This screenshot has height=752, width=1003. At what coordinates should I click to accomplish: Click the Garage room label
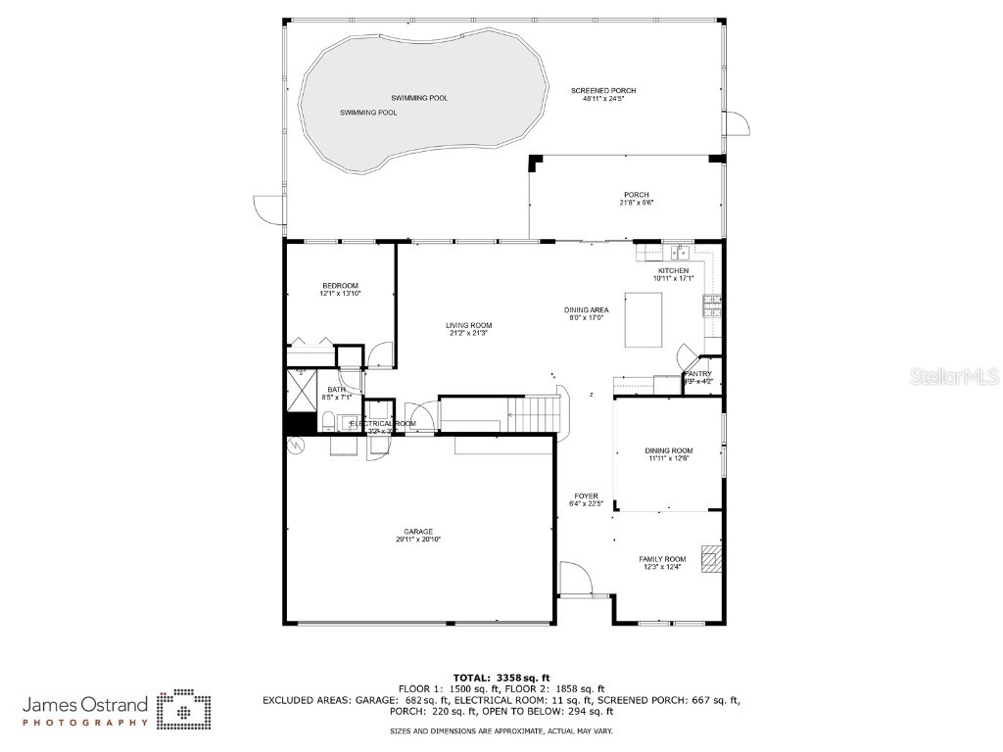(414, 532)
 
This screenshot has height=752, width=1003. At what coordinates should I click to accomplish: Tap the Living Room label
(468, 325)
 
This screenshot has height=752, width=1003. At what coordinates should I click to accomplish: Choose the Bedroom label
(340, 285)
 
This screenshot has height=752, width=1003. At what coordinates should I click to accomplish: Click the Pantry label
(698, 373)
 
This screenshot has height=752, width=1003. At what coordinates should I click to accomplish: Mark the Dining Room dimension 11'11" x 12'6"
(669, 458)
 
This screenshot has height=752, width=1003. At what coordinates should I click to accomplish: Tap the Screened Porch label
(597, 90)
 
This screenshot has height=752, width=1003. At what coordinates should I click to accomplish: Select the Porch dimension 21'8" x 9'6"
(636, 203)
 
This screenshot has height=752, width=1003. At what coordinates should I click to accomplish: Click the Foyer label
(585, 496)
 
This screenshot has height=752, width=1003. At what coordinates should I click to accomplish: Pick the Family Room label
(662, 559)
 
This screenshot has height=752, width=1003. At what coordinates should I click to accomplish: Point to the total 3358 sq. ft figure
(501, 678)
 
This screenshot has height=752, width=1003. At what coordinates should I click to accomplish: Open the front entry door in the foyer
(575, 580)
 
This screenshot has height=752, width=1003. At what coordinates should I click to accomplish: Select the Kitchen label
(673, 270)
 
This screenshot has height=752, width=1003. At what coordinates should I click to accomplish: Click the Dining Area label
(586, 309)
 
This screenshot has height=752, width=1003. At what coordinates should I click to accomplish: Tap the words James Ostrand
(85, 704)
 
